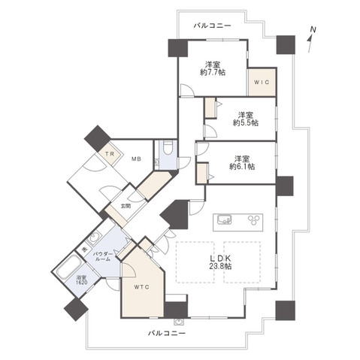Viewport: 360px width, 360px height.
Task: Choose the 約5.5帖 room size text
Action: click(x=244, y=118)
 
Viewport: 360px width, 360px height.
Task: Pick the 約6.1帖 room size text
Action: click(x=241, y=162)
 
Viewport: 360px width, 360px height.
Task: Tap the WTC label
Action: click(x=141, y=286)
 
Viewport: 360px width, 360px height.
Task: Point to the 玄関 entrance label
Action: click(x=116, y=205)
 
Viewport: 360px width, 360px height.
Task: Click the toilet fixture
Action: click(x=167, y=147)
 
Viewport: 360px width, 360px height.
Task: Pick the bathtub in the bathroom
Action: click(x=66, y=267)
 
